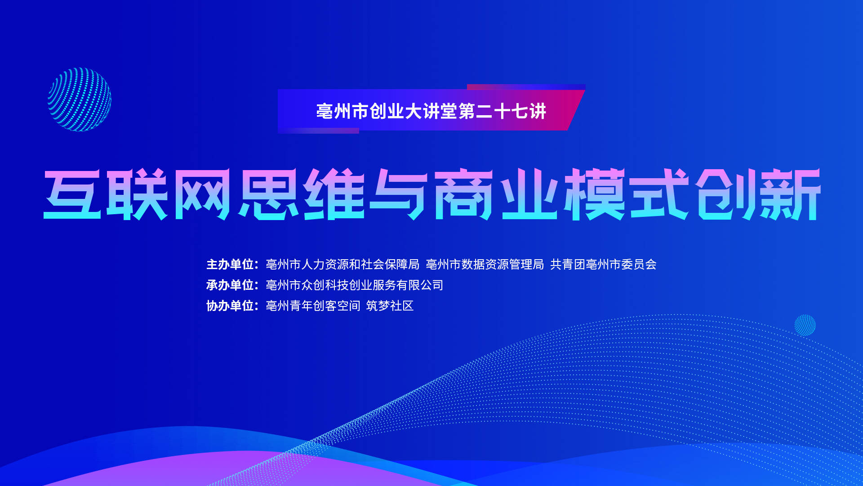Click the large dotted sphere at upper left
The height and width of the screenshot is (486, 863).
click(80, 99)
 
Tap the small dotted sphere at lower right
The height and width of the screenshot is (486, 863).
click(805, 325)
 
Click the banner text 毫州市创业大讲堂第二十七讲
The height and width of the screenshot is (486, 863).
click(431, 111)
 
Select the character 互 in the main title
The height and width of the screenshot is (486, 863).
click(72, 194)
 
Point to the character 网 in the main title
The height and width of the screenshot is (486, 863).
click(202, 194)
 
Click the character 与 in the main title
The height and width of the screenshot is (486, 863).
click(398, 194)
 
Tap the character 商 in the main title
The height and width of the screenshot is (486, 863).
click(463, 194)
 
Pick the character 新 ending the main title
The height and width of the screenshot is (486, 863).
click(790, 194)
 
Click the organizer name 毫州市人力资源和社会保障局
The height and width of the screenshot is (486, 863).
click(343, 264)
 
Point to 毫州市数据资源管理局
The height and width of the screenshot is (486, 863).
click(485, 264)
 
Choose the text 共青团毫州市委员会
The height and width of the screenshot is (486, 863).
click(603, 264)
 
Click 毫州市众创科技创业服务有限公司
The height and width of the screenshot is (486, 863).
click(355, 285)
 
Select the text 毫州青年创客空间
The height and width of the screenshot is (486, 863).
click(313, 306)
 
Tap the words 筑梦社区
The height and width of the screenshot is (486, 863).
click(390, 306)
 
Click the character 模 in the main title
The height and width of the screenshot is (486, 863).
click(594, 194)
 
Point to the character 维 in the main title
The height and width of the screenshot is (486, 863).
click(334, 194)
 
